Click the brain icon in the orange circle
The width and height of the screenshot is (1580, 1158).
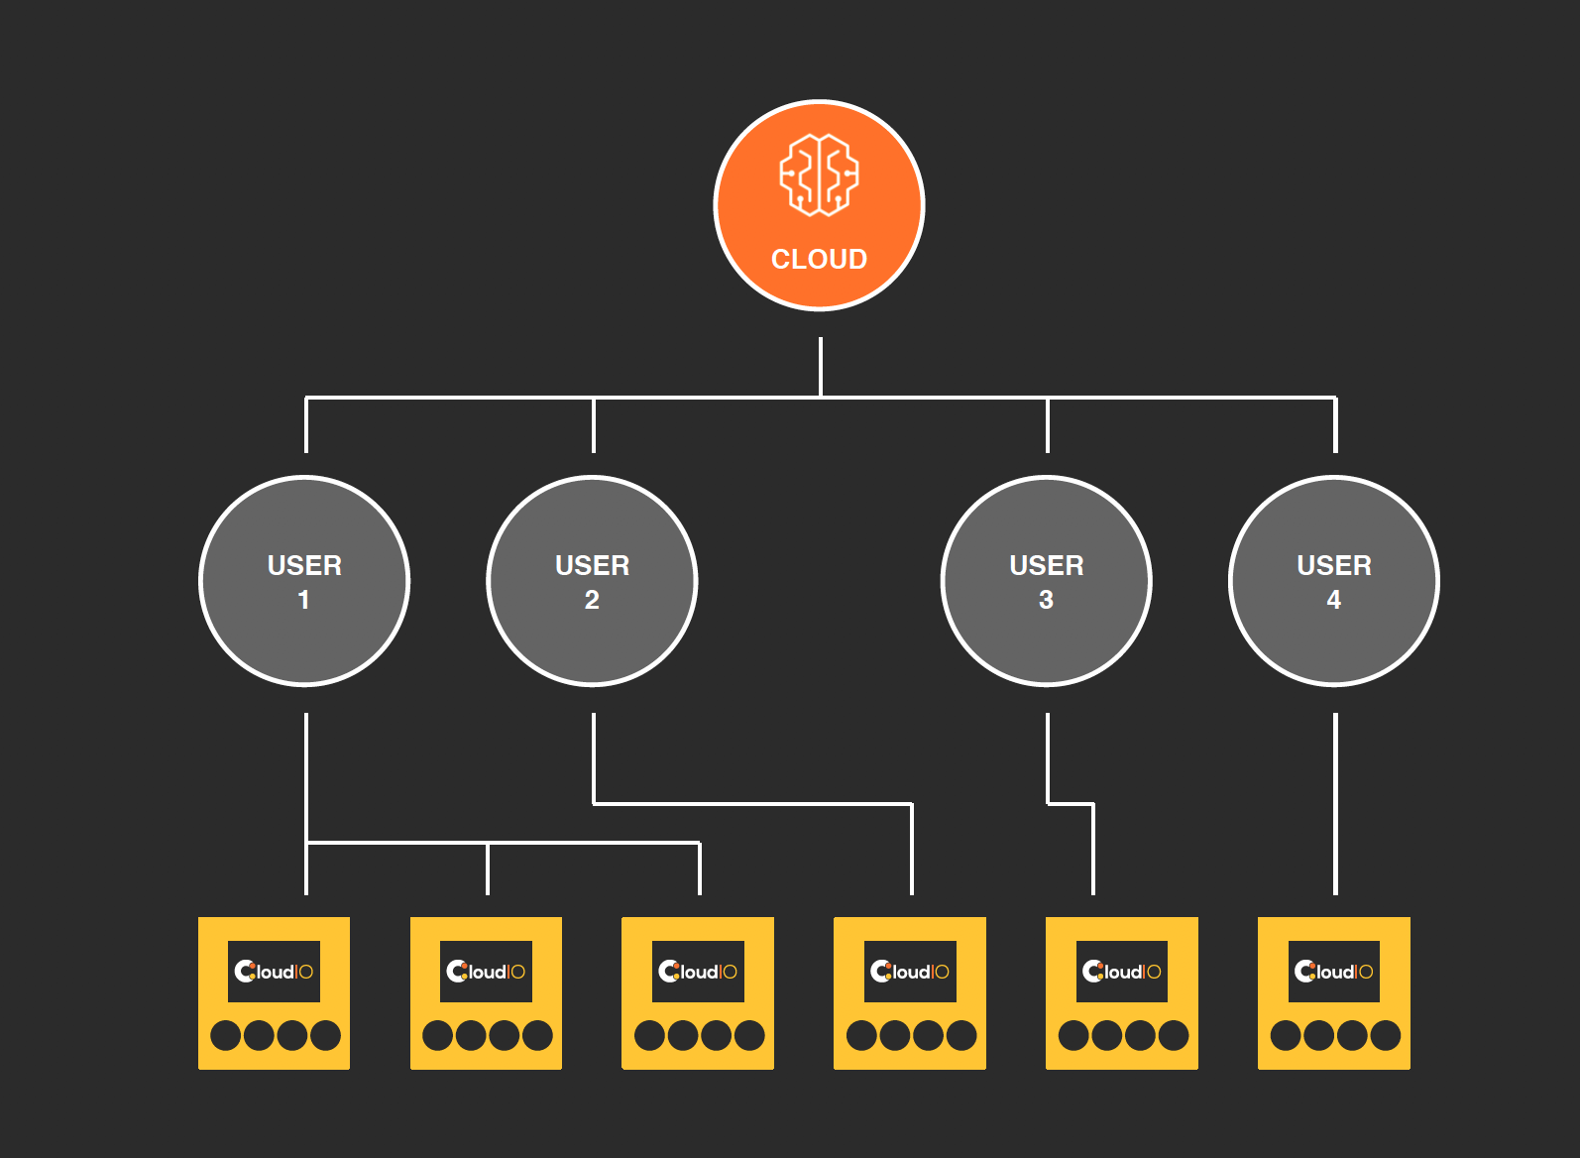819,174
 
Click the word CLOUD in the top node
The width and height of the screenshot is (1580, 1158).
819,259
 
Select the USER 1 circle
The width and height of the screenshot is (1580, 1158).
304,581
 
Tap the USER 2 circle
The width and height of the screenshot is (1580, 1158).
593,581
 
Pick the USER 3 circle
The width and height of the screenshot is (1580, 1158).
1046,581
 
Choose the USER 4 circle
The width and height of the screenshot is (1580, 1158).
1334,581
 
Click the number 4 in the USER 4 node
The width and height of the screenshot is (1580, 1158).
1334,600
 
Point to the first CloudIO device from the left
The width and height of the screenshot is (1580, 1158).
274,993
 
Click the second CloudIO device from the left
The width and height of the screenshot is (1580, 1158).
486,993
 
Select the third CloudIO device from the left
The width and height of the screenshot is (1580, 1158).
698,993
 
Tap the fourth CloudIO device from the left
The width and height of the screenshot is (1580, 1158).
910,993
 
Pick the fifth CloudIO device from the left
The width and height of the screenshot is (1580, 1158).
1122,993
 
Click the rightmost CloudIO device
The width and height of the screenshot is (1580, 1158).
1334,993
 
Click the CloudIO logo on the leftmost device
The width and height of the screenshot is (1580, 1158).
274,972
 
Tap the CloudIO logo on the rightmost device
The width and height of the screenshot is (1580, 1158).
1334,972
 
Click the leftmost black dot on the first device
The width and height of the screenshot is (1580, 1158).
226,1035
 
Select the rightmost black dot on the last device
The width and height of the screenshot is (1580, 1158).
1385,1035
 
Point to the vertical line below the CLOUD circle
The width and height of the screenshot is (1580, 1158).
821,367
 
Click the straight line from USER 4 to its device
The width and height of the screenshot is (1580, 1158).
1335,803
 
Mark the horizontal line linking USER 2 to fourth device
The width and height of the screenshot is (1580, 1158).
753,803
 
